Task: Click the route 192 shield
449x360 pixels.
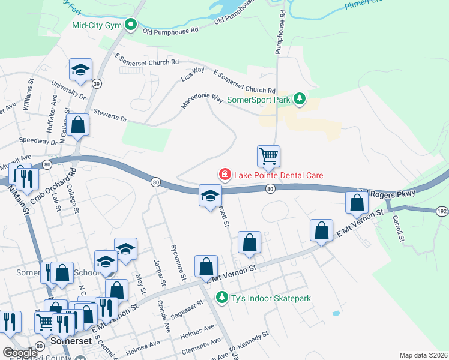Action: click(x=441, y=211)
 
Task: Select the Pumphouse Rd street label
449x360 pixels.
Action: click(x=280, y=34)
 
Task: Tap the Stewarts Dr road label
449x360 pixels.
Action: click(x=108, y=114)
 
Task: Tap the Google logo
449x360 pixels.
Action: click(x=20, y=353)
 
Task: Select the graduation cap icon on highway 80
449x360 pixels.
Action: click(x=210, y=196)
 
